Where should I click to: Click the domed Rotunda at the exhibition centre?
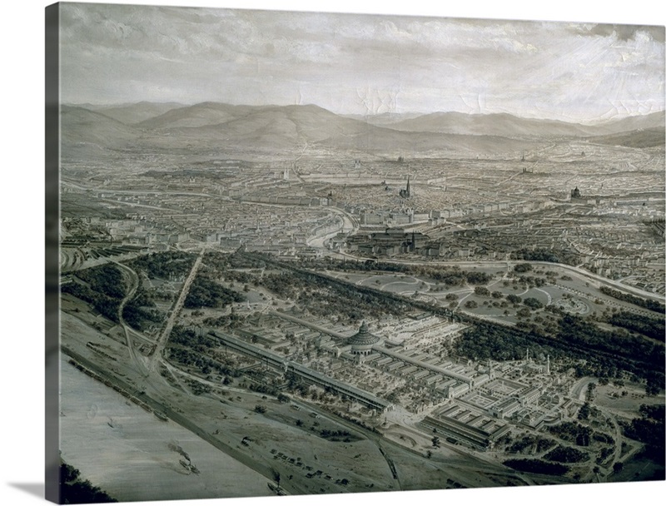point(362,337)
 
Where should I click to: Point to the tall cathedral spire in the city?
point(408,186)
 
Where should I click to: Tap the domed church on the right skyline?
point(574,193)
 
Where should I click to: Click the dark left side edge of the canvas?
point(52,250)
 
